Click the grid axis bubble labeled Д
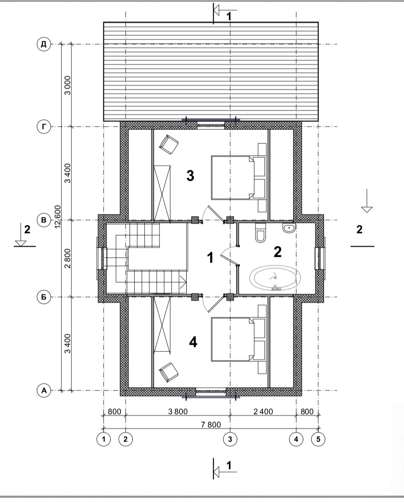(44, 44)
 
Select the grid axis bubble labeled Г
(44, 127)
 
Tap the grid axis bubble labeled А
(44, 390)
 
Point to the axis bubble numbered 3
(230, 439)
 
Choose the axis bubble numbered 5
(318, 439)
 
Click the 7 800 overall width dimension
(211, 424)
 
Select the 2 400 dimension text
(263, 411)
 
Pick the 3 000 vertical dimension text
(68, 85)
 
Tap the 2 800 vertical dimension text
(68, 258)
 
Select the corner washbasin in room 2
(289, 228)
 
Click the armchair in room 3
(169, 145)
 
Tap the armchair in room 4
(169, 372)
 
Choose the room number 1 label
(210, 258)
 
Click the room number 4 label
(193, 342)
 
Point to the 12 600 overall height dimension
(57, 216)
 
